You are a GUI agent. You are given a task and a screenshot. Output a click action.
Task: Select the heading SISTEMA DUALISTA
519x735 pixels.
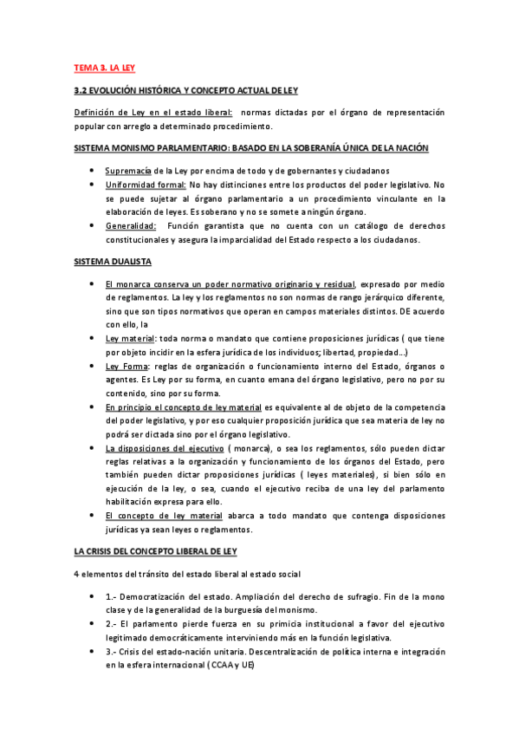pyautogui.click(x=113, y=261)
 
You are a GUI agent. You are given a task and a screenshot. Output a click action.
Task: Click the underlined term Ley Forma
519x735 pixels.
pyautogui.click(x=124, y=367)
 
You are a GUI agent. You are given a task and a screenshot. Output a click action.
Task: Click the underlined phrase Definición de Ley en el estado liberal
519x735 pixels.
pyautogui.click(x=153, y=113)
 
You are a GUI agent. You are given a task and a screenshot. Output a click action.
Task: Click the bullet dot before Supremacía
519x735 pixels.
pyautogui.click(x=93, y=171)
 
